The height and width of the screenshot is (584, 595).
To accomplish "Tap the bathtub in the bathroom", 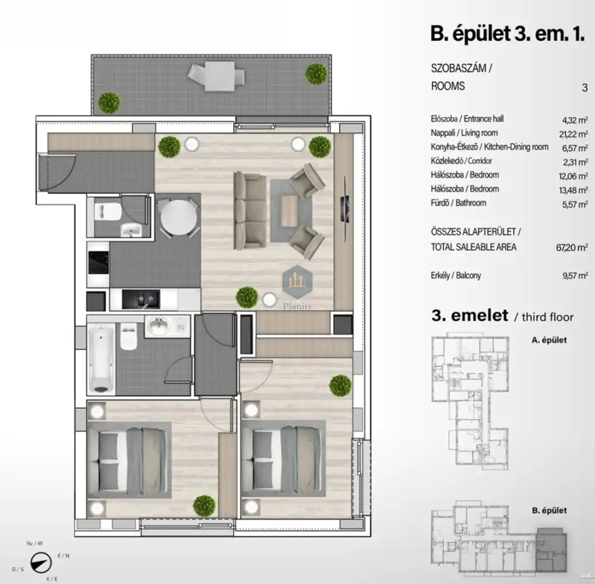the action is pos(101,359).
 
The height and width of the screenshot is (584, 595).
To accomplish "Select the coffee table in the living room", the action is pos(290,211).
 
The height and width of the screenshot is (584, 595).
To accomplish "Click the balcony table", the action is pos(220,76).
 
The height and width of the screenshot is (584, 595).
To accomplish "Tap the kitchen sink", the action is pos(141,299).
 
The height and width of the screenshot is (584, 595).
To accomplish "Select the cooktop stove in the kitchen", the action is pos(98,263).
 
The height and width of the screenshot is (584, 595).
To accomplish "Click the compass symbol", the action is pos(41,563).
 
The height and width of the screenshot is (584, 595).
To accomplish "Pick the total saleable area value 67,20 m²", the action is pos(572,247).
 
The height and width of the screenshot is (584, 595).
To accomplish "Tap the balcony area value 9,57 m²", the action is pos(575,275).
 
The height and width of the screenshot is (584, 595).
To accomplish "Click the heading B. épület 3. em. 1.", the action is pos(507,34).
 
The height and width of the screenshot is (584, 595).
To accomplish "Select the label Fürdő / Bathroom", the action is pos(458,203).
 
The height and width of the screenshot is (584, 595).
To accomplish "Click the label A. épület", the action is pos(549,340).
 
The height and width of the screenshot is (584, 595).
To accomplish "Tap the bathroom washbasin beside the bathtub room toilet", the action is pos(158,326).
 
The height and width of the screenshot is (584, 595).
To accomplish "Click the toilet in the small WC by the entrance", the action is pos(108,212).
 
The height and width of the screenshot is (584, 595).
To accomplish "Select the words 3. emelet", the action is pos(469,315).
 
